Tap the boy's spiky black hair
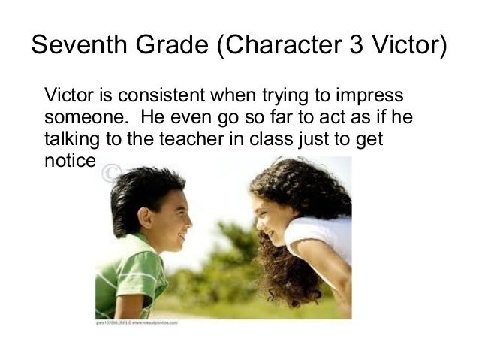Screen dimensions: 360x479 click(143, 188)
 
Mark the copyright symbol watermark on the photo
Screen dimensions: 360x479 click(110, 174)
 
